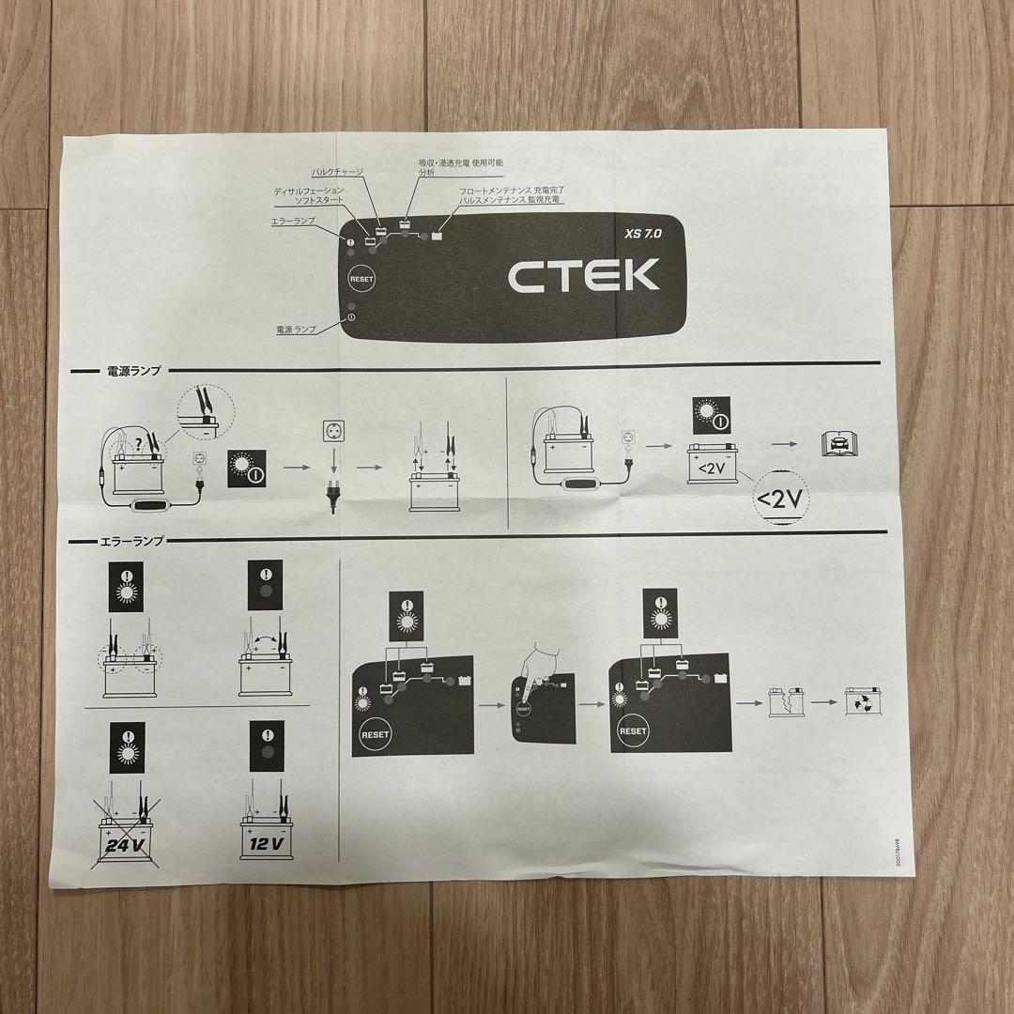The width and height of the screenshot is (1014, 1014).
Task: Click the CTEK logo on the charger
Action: pyautogui.click(x=583, y=274)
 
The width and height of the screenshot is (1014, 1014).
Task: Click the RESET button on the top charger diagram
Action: pyautogui.click(x=361, y=279)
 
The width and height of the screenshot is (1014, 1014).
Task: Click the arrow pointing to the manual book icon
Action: pyautogui.click(x=786, y=441)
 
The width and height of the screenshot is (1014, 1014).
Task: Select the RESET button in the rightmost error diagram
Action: pyautogui.click(x=632, y=730)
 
